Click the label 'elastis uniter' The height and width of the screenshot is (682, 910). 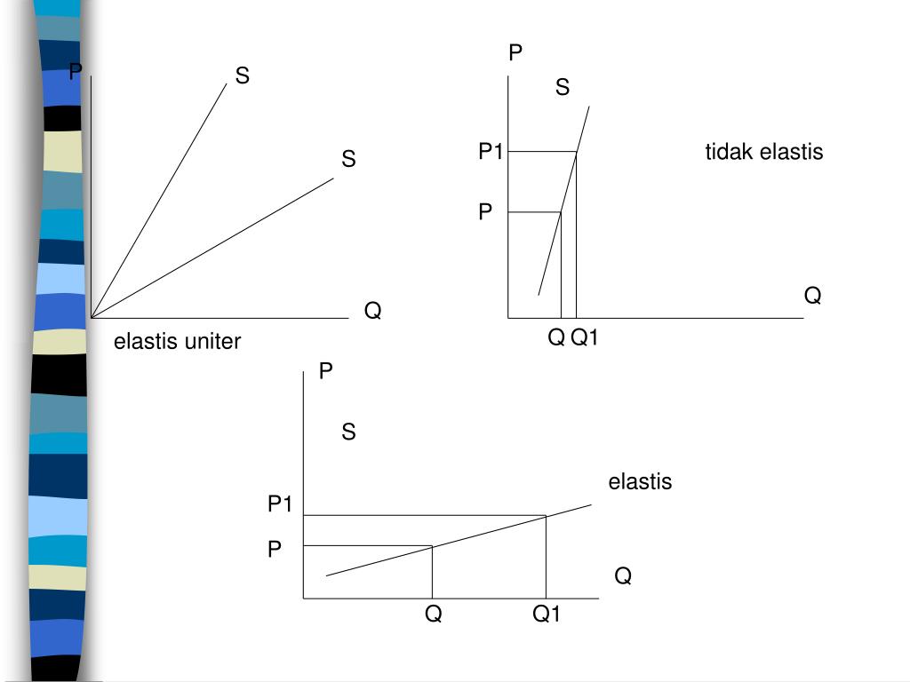coord(177,342)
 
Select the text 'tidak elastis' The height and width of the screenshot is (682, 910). coord(764,152)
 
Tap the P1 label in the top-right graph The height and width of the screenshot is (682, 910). coord(491,153)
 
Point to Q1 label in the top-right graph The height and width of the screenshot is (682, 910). coord(585,337)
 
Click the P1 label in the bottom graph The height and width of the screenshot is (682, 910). coord(281,504)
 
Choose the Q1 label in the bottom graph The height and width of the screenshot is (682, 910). coord(547,614)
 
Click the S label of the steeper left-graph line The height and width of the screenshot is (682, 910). coord(242,76)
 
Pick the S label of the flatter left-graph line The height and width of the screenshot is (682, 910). coord(348,159)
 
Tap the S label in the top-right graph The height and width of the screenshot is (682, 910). coord(563,87)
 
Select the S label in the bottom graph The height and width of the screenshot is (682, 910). coord(348,432)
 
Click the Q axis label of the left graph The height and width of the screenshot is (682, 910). coord(373,312)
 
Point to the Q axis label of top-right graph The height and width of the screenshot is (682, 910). coord(812,295)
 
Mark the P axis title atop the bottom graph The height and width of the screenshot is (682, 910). coord(326,371)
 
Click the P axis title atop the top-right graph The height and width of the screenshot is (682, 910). coord(515,54)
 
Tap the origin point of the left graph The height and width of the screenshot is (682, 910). coord(92,317)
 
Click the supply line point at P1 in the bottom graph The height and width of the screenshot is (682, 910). coord(546,515)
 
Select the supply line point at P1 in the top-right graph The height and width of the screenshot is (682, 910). coord(576,153)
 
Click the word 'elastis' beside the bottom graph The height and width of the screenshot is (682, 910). coord(640,482)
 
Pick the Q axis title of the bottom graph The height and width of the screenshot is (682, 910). coord(623,577)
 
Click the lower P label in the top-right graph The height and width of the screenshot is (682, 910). coord(485,212)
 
